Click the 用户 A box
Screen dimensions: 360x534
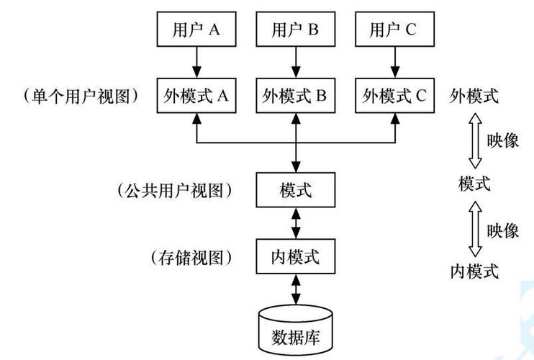point(196,30)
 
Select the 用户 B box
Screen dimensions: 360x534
point(295,30)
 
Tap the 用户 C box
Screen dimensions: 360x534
point(394,30)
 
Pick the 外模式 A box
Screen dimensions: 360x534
point(196,95)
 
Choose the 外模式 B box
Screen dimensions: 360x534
point(295,95)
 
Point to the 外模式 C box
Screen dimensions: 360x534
point(394,95)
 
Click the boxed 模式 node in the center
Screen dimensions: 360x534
point(295,190)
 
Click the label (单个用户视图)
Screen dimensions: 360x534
point(81,95)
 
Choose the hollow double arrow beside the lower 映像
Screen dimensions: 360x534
point(474,229)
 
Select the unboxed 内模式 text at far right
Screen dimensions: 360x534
point(474,271)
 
